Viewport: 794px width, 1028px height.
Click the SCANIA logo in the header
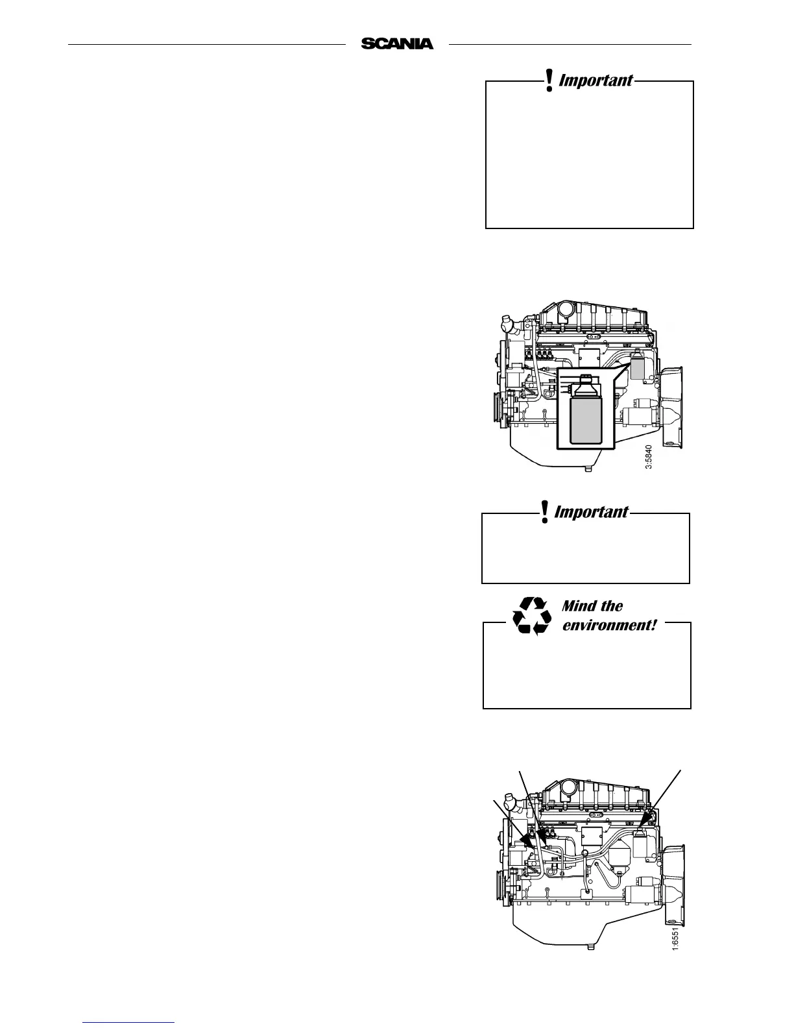click(x=397, y=44)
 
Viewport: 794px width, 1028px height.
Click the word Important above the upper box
click(x=595, y=80)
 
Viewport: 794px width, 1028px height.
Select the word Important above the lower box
click(x=591, y=512)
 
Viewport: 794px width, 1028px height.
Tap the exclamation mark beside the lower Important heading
click(x=545, y=511)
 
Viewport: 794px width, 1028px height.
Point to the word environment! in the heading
click(x=609, y=626)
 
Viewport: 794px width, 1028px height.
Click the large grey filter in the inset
click(x=586, y=421)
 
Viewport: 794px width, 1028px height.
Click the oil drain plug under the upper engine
click(x=588, y=469)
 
